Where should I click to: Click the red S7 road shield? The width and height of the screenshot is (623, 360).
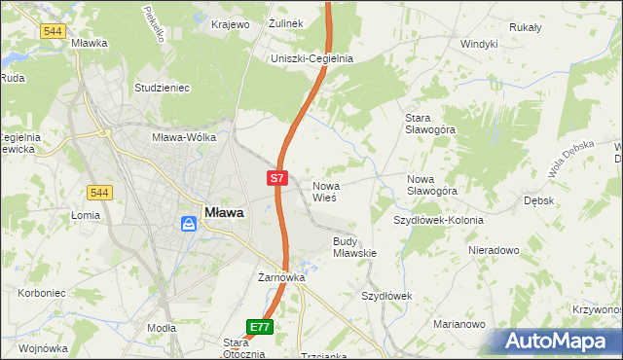click(x=277, y=178)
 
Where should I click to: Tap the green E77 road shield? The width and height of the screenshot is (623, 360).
click(x=259, y=328)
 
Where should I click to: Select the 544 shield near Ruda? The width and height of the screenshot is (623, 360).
click(x=54, y=31)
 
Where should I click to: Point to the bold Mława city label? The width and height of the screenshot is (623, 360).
click(x=224, y=212)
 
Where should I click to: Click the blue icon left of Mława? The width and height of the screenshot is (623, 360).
click(x=189, y=224)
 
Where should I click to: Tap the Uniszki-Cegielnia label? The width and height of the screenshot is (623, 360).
click(x=312, y=58)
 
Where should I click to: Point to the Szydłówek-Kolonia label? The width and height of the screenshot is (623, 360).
click(x=438, y=220)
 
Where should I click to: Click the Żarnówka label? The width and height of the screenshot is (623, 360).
click(x=281, y=277)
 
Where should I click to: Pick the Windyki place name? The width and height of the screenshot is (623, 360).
click(x=479, y=44)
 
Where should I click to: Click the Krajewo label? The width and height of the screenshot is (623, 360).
click(x=232, y=24)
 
